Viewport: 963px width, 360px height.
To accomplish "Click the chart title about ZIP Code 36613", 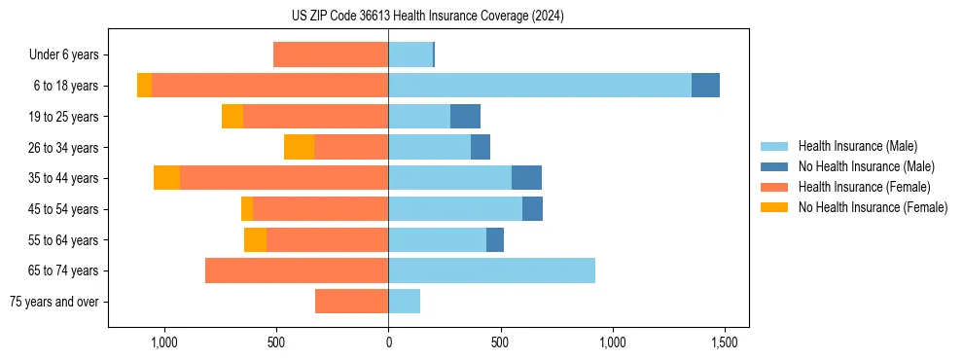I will [427, 16].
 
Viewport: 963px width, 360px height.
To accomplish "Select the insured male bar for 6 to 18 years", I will [540, 86].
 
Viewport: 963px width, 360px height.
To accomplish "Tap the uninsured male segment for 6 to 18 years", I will [705, 86].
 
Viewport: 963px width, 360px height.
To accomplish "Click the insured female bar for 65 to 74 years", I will [297, 270].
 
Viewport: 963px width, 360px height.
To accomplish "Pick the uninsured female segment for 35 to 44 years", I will [167, 178].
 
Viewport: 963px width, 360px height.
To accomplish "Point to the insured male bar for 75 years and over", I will [404, 302].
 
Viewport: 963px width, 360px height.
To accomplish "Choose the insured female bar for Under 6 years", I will [331, 54].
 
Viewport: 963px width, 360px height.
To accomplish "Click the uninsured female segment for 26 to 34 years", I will [300, 147].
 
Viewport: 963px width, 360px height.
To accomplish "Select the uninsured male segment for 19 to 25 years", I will [465, 117].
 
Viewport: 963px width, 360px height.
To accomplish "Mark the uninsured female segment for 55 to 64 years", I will [255, 239].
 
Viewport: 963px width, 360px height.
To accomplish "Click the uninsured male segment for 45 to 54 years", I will [532, 209].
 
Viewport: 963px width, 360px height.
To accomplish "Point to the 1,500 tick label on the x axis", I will [724, 342].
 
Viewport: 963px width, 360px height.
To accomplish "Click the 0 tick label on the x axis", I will [388, 342].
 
